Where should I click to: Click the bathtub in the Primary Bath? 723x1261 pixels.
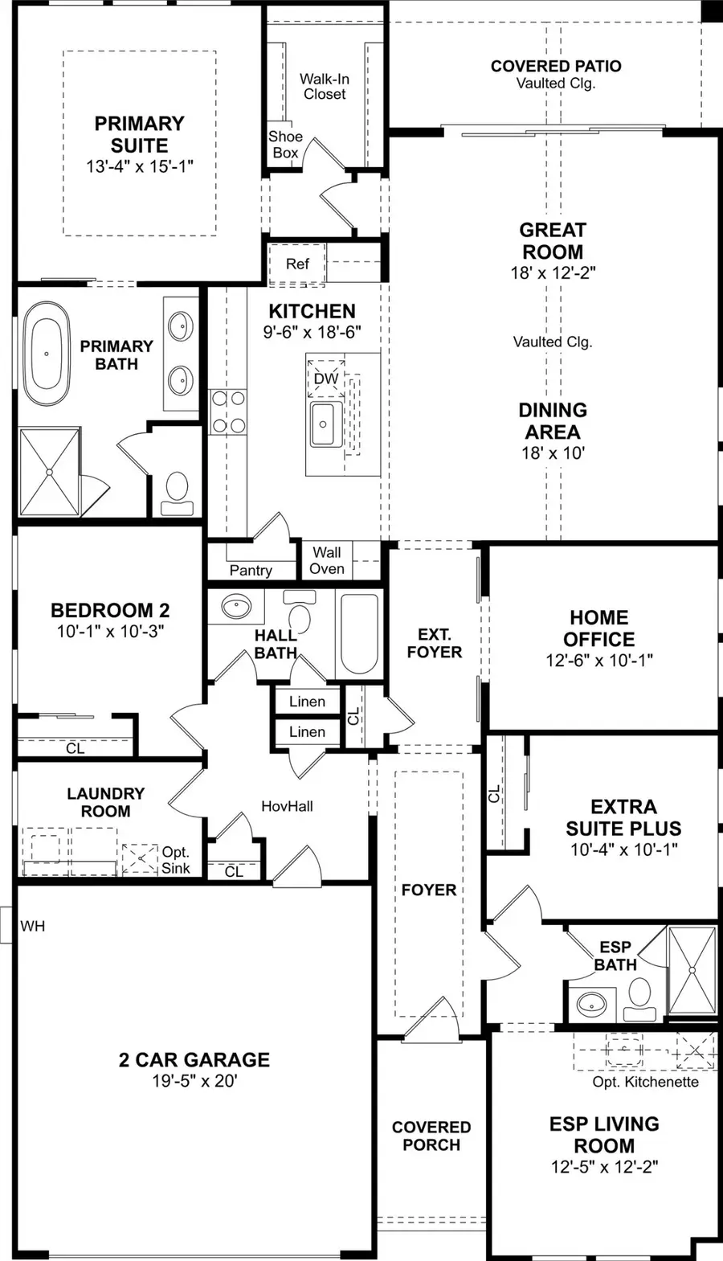47,354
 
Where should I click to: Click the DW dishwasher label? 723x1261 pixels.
326,379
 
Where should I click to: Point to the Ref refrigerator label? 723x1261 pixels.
297,264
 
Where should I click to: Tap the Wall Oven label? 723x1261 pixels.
327,561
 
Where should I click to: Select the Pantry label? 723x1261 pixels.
251,570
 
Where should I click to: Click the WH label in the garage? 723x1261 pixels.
33,927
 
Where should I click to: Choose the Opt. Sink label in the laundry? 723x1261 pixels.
176,860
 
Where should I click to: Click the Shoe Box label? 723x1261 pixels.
285,145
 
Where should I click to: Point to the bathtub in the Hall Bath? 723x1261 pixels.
358,633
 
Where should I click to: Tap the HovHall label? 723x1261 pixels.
287,806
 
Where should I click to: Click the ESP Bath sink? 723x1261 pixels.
592,1003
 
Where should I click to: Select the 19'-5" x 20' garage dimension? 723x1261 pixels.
194,1081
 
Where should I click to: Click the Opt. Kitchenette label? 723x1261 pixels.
645,1082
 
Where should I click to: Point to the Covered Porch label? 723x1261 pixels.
431,1136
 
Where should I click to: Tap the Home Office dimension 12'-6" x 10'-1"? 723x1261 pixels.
598,661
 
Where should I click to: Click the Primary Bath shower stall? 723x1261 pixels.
50,472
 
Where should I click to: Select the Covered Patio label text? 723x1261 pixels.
556,66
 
